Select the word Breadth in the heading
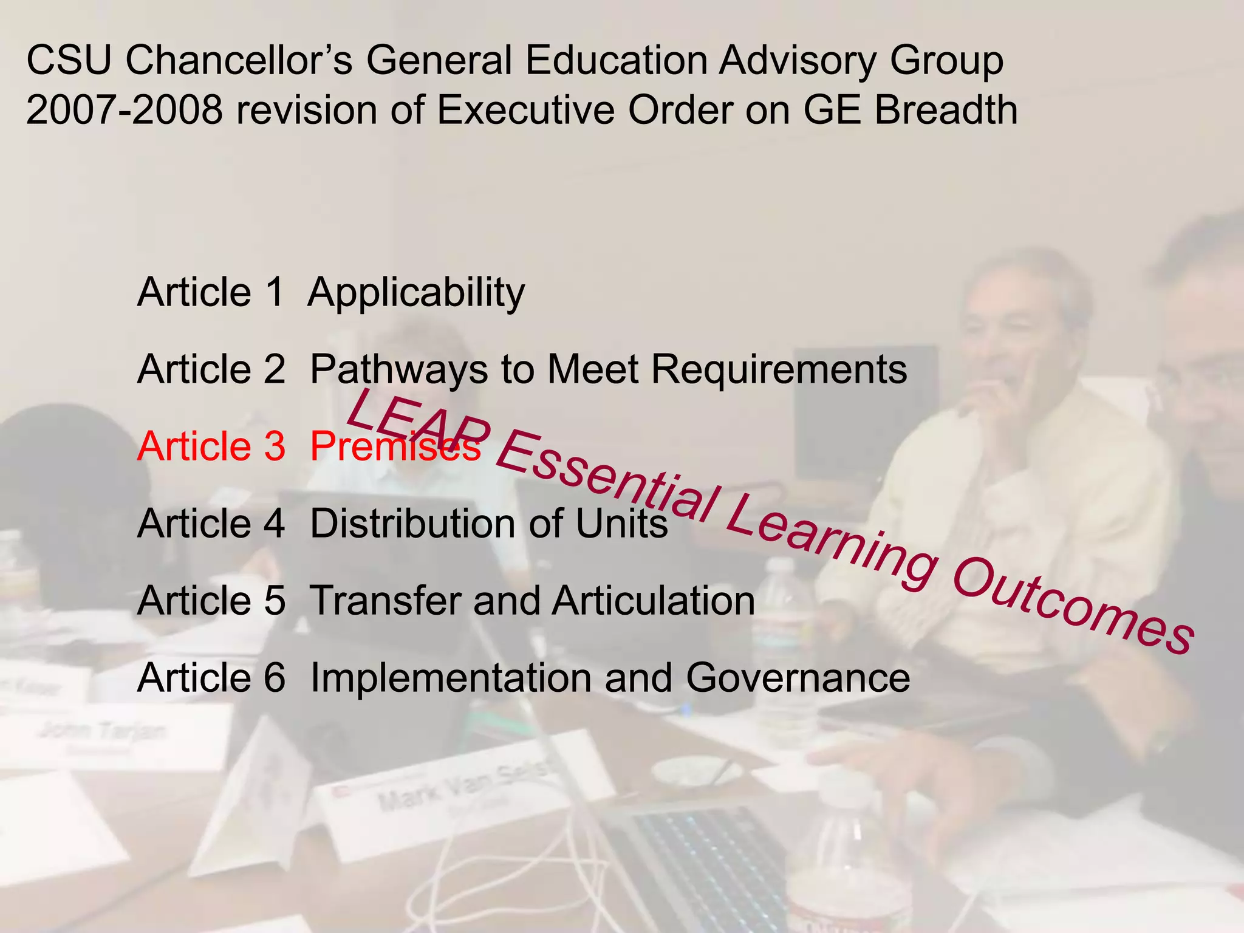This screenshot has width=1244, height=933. pos(946,111)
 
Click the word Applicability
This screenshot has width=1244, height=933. pos(417,293)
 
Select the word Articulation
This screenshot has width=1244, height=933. pos(654,601)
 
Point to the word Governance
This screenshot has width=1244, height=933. pos(798,678)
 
